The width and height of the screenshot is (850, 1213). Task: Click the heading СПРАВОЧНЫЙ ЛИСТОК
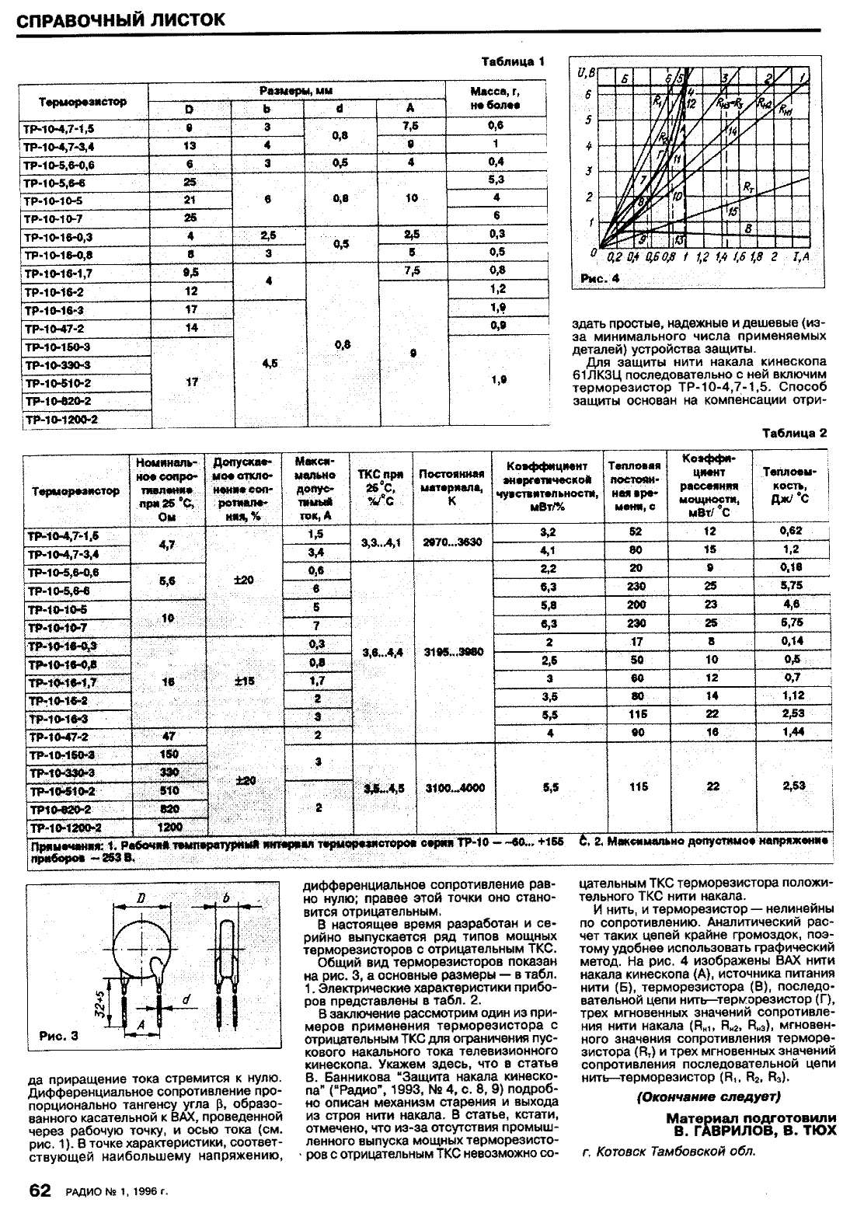(x=121, y=19)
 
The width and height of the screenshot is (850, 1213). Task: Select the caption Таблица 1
(x=514, y=61)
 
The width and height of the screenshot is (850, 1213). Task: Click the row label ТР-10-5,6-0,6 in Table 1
(x=57, y=164)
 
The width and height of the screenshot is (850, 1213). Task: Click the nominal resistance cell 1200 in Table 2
(x=169, y=828)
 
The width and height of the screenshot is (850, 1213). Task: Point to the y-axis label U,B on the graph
(x=586, y=73)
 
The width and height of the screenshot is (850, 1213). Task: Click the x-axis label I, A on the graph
(x=800, y=256)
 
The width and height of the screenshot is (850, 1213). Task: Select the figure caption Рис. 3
(x=58, y=1035)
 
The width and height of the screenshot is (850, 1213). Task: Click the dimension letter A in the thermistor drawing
(x=141, y=1026)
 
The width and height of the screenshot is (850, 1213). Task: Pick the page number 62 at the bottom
(x=40, y=1191)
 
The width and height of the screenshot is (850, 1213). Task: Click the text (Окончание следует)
(x=707, y=1096)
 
